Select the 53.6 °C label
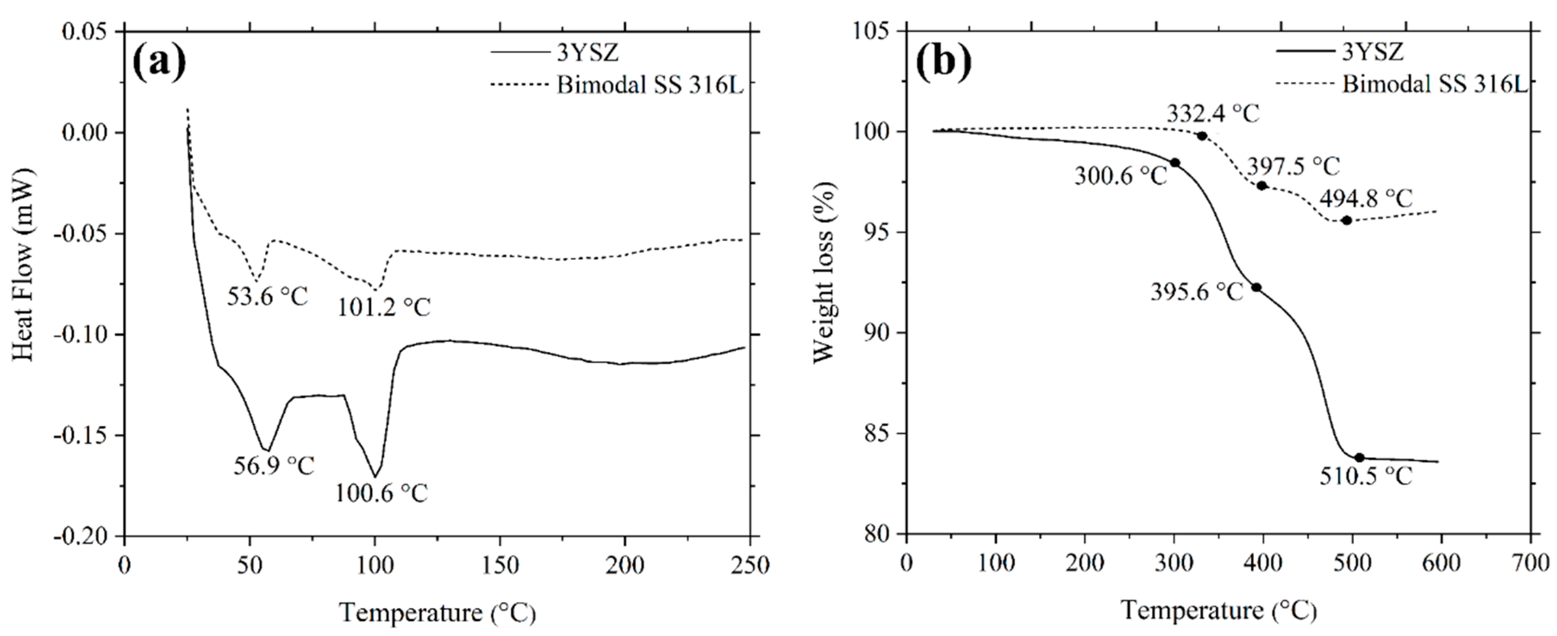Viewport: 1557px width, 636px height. coord(267,296)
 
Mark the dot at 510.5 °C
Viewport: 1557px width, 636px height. coord(1359,458)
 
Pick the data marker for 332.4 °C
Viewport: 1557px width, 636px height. coord(1202,136)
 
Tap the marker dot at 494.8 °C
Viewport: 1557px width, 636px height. coord(1347,221)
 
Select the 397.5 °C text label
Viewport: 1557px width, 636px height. coord(1293,166)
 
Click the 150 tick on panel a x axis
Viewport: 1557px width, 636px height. coord(500,565)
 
